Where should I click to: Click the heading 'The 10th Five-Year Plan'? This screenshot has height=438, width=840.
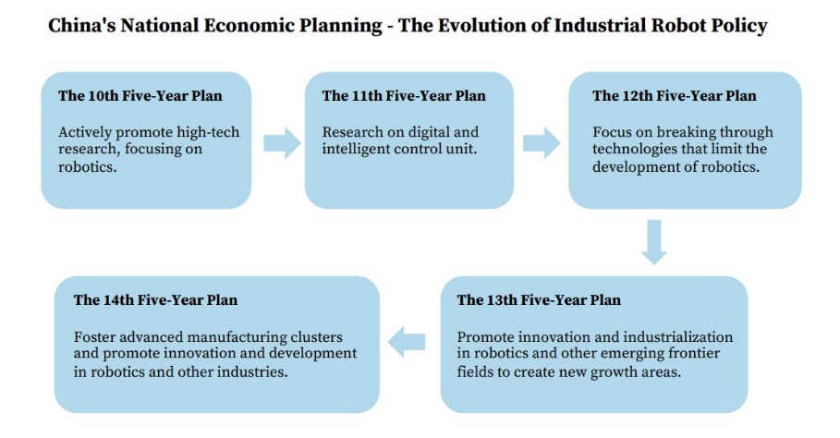[140, 96]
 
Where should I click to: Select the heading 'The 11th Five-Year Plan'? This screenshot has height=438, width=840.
[404, 96]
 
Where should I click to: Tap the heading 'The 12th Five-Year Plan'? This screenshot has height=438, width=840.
[675, 96]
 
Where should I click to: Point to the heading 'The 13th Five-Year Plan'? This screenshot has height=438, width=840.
[539, 299]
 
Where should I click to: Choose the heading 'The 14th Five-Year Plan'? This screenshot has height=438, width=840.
[155, 299]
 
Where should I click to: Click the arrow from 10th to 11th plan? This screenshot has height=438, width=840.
[283, 143]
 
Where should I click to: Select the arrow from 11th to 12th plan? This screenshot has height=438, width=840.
[542, 143]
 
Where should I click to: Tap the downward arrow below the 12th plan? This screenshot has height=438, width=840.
[654, 242]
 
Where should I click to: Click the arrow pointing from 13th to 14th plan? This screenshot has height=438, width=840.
[407, 342]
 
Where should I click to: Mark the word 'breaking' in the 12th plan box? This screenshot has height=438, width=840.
[686, 132]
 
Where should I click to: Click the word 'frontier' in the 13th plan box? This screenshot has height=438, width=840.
[694, 353]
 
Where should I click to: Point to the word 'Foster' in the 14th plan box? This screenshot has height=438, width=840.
[94, 336]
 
